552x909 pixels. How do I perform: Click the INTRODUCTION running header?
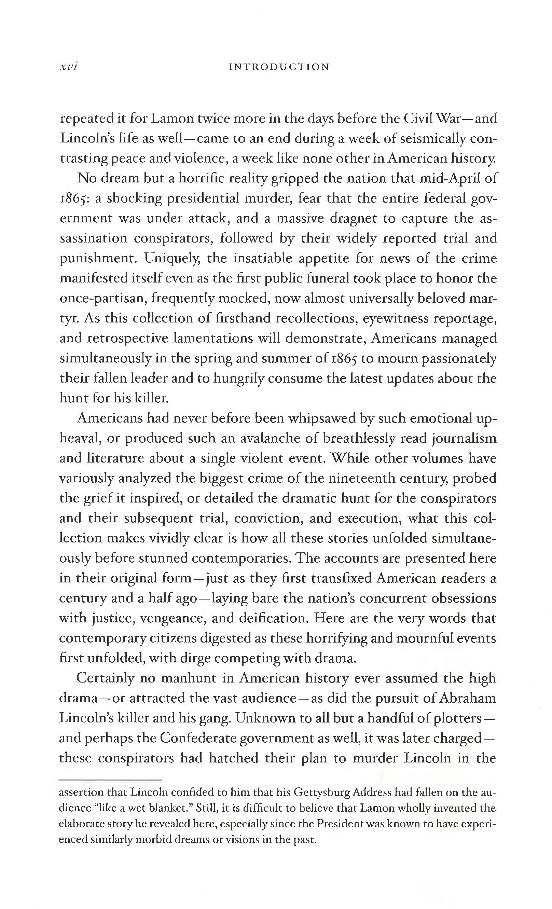pyautogui.click(x=279, y=67)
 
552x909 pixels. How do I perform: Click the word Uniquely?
pyautogui.click(x=172, y=258)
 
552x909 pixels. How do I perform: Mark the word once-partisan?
pyautogui.click(x=102, y=298)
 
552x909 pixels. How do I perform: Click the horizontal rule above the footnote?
pyautogui.click(x=110, y=780)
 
